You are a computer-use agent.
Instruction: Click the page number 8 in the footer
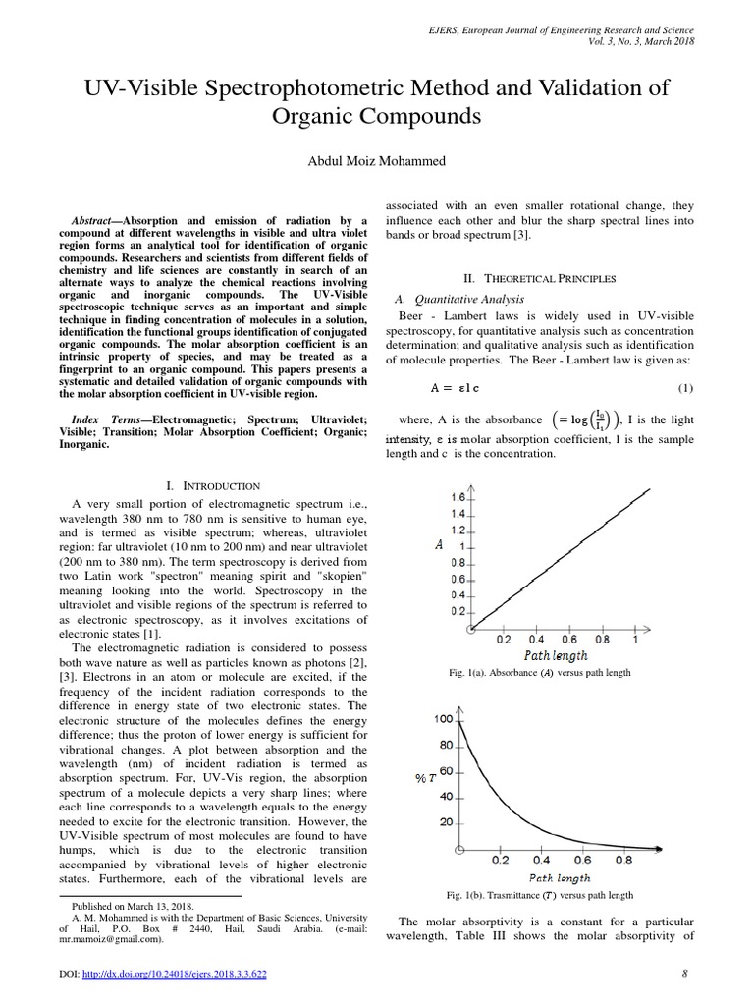(683, 974)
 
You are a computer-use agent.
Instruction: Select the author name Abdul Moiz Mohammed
(377, 160)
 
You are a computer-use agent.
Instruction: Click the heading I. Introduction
(213, 485)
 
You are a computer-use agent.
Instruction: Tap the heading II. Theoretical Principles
(540, 278)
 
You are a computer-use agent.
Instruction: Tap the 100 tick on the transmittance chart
(444, 720)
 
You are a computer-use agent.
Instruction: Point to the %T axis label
(426, 778)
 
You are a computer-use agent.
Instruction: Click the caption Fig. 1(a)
(539, 672)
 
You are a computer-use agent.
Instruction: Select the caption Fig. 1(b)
(539, 895)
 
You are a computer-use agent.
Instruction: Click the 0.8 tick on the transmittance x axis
(623, 859)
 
